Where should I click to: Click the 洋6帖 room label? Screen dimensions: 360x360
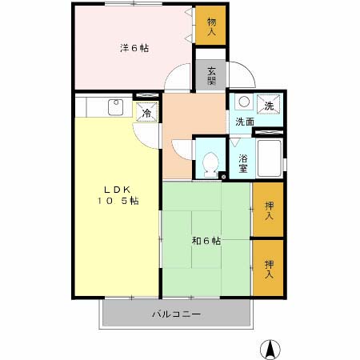coord(134,48)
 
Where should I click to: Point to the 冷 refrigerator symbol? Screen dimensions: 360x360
coord(146,113)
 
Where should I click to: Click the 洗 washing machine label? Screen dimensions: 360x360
coord(269,106)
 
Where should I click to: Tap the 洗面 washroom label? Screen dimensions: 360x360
coord(244,122)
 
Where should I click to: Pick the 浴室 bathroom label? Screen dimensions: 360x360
coord(242,162)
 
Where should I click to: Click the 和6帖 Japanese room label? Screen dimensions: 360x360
coord(206,240)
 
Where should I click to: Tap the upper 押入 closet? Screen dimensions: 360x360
coord(270,210)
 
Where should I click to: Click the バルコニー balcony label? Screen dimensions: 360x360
coord(176,314)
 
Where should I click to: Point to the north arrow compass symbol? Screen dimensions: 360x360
coord(272,348)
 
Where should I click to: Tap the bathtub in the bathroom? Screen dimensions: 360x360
coord(270,157)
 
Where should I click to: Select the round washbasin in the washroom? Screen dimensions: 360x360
coord(243,102)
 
